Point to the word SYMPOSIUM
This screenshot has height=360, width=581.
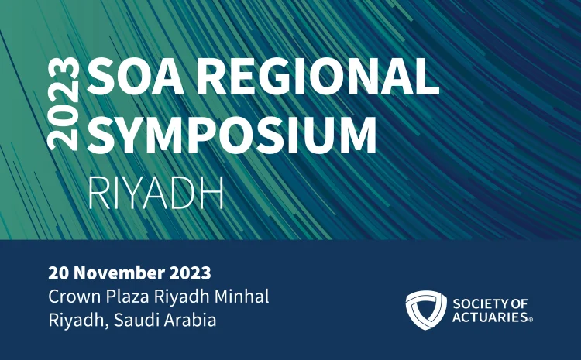point(232,135)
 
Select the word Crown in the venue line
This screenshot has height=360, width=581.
point(70,297)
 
